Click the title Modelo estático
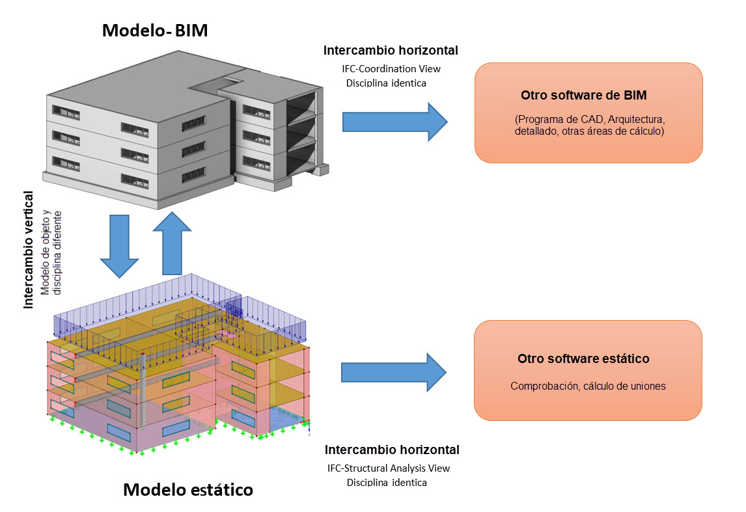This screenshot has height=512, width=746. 188,489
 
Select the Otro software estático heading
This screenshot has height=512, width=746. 583,358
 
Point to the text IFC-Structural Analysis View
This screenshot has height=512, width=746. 389,468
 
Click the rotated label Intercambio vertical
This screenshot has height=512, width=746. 29,249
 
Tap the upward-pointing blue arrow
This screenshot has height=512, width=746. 172,242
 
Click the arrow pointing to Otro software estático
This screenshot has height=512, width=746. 394,372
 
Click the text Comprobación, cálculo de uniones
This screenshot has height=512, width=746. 588,386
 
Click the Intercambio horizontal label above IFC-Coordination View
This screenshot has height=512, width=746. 391,50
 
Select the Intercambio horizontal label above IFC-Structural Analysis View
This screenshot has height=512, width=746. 392,450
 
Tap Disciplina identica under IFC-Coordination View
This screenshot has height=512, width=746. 387,83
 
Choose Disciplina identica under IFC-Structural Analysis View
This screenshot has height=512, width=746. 387,483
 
